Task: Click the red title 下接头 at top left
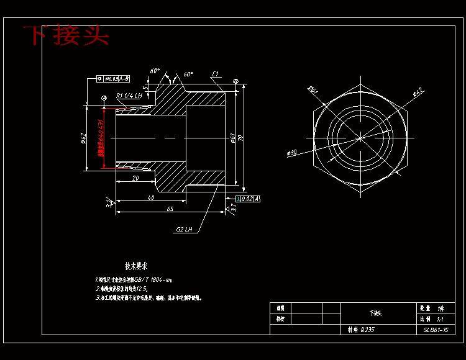click(x=66, y=35)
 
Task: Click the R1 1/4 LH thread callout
click(x=129, y=96)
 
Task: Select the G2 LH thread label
click(x=185, y=229)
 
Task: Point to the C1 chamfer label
click(x=215, y=74)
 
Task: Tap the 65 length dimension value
click(x=170, y=209)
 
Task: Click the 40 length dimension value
click(x=151, y=197)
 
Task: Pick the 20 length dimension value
click(x=135, y=178)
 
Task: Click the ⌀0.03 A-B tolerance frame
click(x=114, y=79)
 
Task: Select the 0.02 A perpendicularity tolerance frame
click(x=248, y=199)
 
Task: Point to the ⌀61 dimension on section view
click(x=232, y=138)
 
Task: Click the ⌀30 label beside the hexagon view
click(x=293, y=153)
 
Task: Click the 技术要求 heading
click(x=136, y=266)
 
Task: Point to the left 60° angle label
click(x=155, y=71)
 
